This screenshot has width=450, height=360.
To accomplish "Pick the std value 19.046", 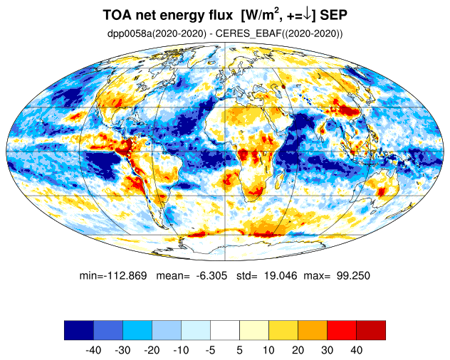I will pos(283,275).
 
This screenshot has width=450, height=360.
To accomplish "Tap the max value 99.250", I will pos(352,275).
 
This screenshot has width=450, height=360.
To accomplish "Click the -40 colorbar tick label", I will pos(93,351).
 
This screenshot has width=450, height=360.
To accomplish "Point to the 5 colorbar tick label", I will pos(240,351).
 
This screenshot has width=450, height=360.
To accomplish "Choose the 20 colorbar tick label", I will pos(298,351).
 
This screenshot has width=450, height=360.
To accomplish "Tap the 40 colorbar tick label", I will pos(356,351).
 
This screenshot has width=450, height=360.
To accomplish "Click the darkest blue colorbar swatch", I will pos(78,330).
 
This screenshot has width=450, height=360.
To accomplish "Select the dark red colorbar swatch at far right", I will pos(370,330).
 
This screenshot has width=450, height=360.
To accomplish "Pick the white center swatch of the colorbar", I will pos(224,330).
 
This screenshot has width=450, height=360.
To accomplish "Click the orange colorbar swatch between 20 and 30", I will pos(312,330).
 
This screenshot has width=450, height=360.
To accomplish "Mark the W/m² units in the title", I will pos(269,15).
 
